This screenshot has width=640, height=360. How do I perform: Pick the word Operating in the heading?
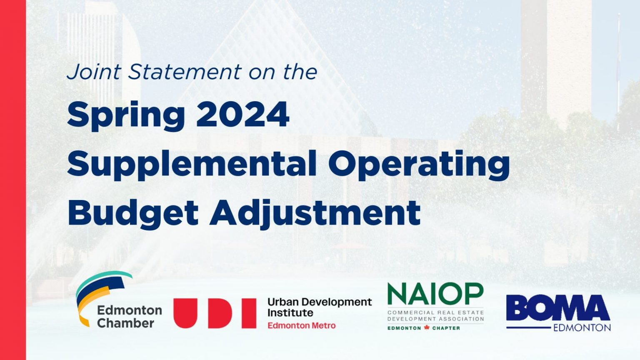tap(419, 164)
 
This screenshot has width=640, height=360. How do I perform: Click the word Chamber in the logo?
tap(125, 323)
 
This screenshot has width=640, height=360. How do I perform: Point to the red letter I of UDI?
tap(249, 313)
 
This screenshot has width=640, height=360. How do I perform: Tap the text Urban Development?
tap(320, 302)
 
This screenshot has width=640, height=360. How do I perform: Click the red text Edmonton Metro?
tap(301, 325)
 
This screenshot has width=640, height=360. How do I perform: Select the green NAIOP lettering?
tap(435, 294)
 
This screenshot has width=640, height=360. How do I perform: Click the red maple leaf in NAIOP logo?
tap(427, 328)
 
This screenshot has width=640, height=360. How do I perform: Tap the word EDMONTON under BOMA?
tap(582, 328)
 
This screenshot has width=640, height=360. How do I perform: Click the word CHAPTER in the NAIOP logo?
tap(446, 328)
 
